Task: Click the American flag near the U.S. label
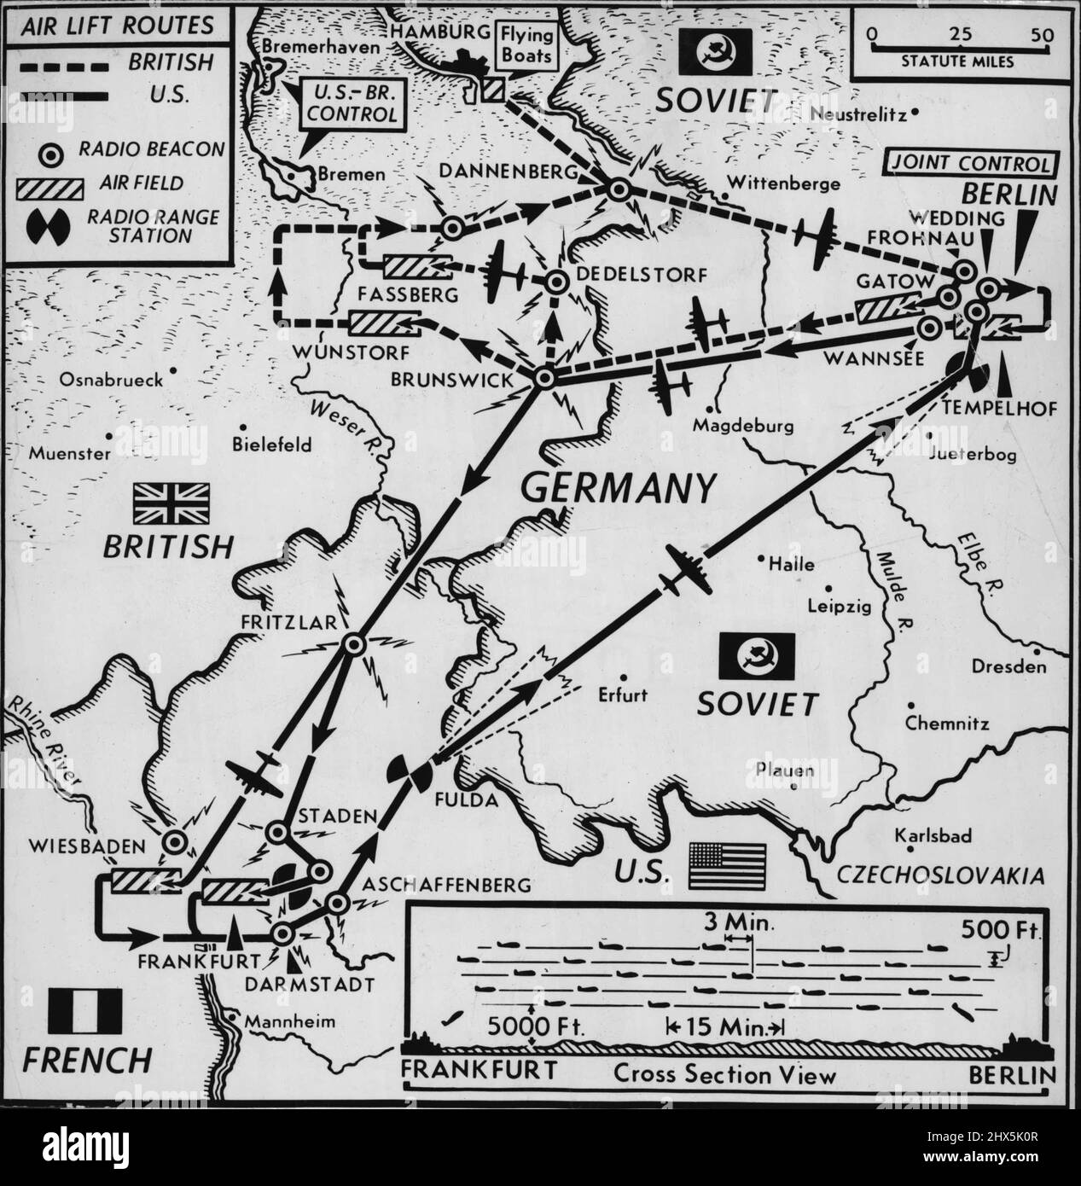(729, 858)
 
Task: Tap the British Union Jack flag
(177, 503)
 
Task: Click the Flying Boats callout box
(529, 45)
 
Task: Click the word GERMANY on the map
(618, 489)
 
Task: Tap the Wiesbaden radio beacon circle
(176, 842)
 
